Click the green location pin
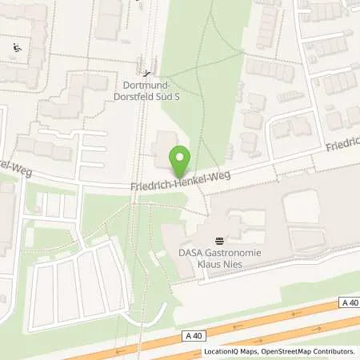pyautogui.click(x=181, y=161)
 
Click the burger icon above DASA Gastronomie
pyautogui.click(x=219, y=241)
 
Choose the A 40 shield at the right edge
pyautogui.click(x=348, y=302)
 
